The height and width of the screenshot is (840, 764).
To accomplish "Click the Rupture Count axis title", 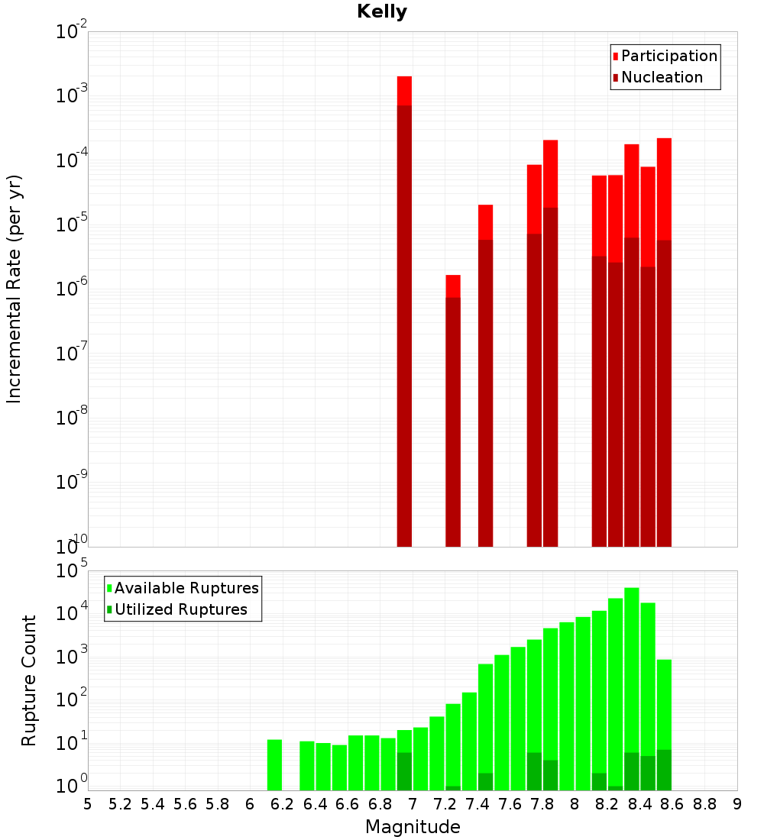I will pyautogui.click(x=29, y=680).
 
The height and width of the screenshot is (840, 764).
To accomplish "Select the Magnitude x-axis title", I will pyautogui.click(x=413, y=827).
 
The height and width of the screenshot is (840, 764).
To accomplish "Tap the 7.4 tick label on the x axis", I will pyautogui.click(x=477, y=804).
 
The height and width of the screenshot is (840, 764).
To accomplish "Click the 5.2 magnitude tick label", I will pyautogui.click(x=120, y=804).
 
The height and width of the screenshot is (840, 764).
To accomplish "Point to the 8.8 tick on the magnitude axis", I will pyautogui.click(x=704, y=804).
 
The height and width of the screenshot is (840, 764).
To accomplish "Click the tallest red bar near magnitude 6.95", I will pyautogui.click(x=404, y=305).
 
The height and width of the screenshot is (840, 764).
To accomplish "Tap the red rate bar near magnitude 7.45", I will pyautogui.click(x=485, y=374).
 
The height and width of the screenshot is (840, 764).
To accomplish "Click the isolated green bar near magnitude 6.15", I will pyautogui.click(x=274, y=764).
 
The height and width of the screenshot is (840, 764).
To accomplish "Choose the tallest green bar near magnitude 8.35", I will pyautogui.click(x=632, y=687).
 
